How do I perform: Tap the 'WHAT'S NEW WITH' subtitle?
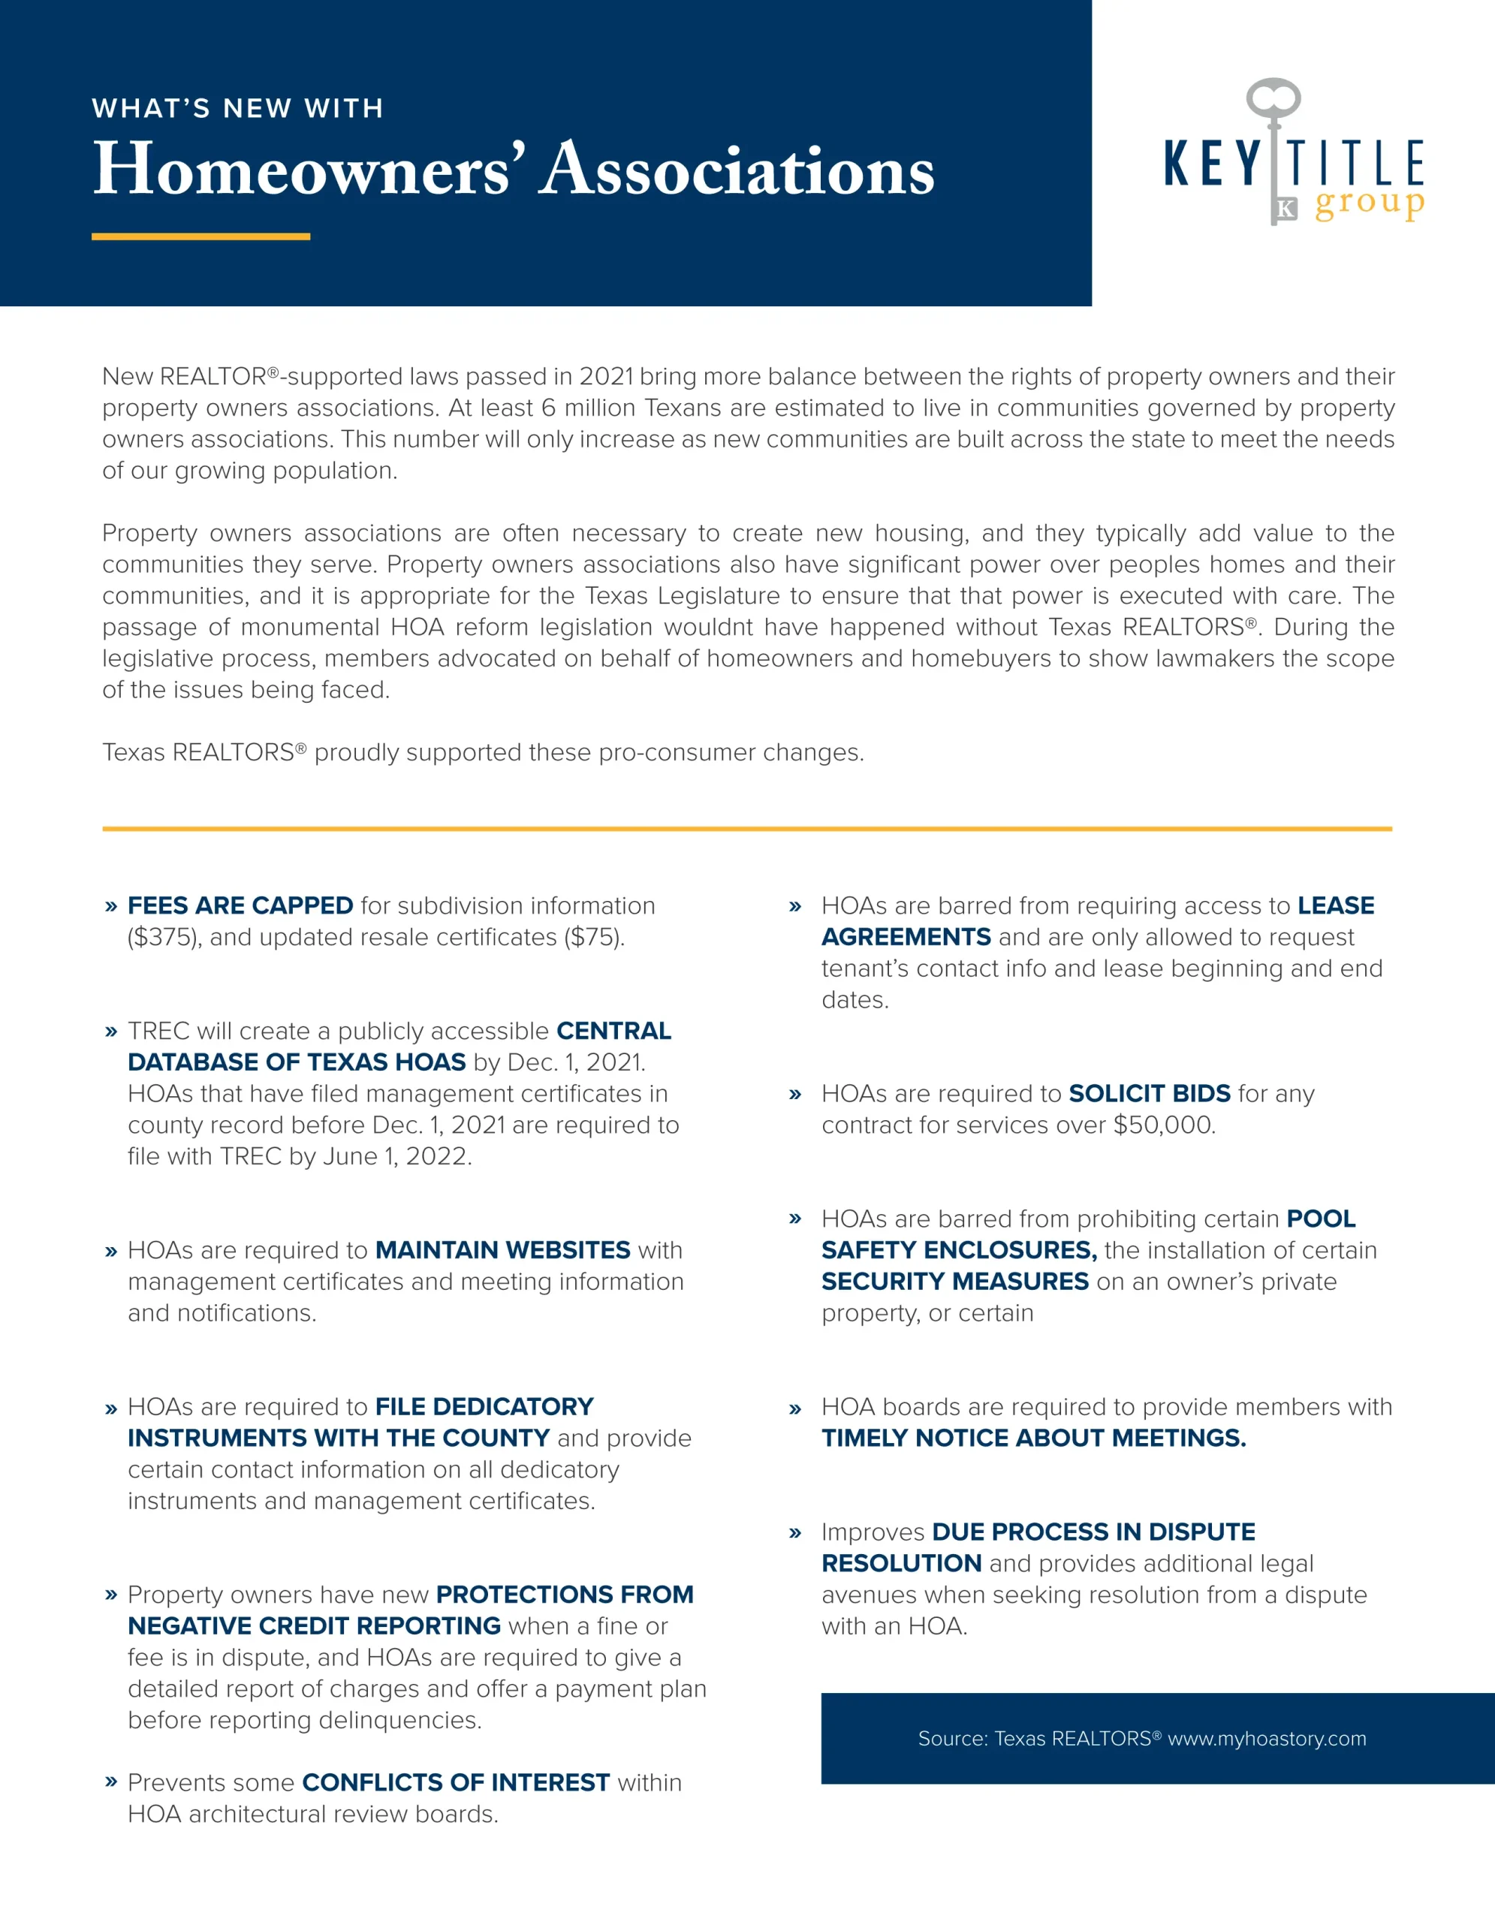point(237,108)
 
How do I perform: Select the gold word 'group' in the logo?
point(1369,204)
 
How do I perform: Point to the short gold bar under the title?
point(200,236)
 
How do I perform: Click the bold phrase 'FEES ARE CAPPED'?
point(240,905)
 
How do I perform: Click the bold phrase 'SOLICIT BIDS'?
point(1149,1093)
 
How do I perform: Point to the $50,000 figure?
point(1163,1125)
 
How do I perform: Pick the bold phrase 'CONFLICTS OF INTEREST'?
point(456,1782)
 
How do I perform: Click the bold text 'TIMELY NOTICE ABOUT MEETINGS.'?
point(1034,1438)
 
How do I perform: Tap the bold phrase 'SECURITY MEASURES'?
point(954,1282)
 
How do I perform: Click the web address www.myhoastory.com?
point(1267,1738)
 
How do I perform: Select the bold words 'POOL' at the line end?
point(1321,1219)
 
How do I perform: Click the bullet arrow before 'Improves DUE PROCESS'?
point(795,1533)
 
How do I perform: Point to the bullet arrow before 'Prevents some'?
point(111,1782)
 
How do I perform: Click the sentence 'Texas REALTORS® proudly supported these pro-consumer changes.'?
point(483,752)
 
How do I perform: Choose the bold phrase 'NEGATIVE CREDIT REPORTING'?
point(314,1625)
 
